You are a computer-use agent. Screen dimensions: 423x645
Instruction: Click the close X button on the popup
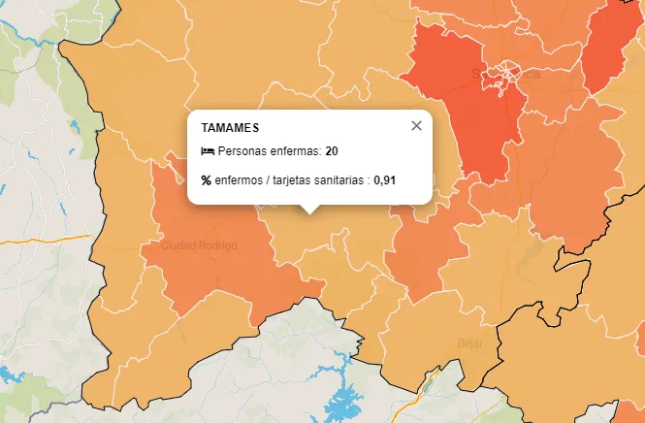417,125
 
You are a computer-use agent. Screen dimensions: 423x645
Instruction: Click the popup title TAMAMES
230,128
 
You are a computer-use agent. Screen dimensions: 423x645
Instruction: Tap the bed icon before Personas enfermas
207,151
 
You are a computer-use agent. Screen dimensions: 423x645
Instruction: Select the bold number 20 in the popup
332,151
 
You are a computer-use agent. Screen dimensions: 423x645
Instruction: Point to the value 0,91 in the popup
385,179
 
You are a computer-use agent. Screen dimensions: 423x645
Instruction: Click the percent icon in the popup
206,179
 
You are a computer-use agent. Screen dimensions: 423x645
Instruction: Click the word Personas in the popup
242,151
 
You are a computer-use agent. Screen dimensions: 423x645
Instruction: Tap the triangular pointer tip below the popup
309,211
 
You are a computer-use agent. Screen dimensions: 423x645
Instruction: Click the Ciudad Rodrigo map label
199,245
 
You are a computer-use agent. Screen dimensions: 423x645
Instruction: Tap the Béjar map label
469,342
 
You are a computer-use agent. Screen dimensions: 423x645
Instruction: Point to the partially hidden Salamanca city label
504,74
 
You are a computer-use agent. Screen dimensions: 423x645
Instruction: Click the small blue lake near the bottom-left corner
10,374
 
